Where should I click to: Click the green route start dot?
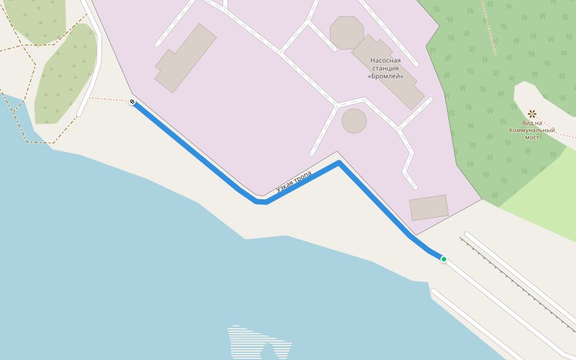(x=444, y=259)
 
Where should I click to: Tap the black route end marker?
(x=132, y=102)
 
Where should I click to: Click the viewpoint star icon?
(x=532, y=113)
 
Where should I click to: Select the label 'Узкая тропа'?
(x=294, y=182)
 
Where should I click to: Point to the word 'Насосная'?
(x=385, y=60)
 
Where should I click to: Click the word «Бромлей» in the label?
(x=385, y=76)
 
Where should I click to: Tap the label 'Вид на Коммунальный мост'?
(x=532, y=130)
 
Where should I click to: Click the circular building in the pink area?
(x=354, y=121)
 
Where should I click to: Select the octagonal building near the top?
(x=346, y=32)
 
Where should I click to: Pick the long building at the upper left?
(x=185, y=58)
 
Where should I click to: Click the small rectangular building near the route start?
(x=428, y=208)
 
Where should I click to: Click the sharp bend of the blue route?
(x=339, y=163)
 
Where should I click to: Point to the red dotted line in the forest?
(x=488, y=27)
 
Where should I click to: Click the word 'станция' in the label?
(x=385, y=68)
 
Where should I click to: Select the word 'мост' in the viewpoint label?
(x=532, y=137)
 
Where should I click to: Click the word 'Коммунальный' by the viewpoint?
(x=532, y=130)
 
